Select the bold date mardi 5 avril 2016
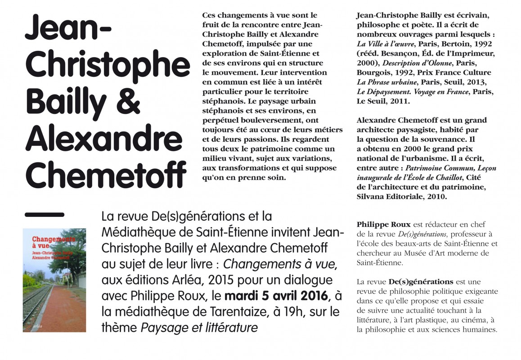tap(277, 297)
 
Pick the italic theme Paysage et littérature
tap(199, 328)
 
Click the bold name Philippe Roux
tap(377, 224)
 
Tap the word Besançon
tap(392, 53)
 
